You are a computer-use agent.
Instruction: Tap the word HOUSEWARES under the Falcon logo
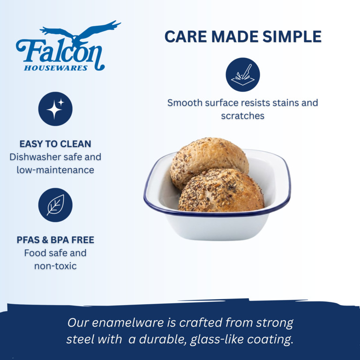56,68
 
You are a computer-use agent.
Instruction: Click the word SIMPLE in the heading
292,37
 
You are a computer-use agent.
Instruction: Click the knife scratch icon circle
243,75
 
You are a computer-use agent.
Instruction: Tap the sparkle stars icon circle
55,109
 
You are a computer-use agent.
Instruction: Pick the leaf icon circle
55,205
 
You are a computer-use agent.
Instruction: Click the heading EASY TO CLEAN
55,144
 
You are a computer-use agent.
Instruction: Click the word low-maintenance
55,170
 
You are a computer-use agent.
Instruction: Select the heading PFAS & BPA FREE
55,240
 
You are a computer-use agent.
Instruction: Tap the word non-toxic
55,266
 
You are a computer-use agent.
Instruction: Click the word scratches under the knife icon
243,116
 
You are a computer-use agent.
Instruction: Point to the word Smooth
185,103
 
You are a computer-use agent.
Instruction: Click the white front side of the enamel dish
217,227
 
